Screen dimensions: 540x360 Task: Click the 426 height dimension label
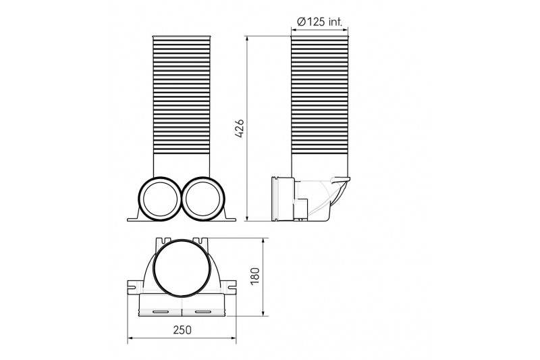[x=240, y=128]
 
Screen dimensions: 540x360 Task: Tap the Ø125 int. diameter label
[x=319, y=22]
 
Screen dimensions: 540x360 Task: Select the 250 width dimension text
[x=182, y=330]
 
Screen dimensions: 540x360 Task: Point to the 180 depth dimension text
[x=255, y=276]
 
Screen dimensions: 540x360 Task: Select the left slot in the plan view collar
[x=160, y=312]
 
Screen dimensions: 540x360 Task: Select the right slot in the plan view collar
[x=203, y=312]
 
